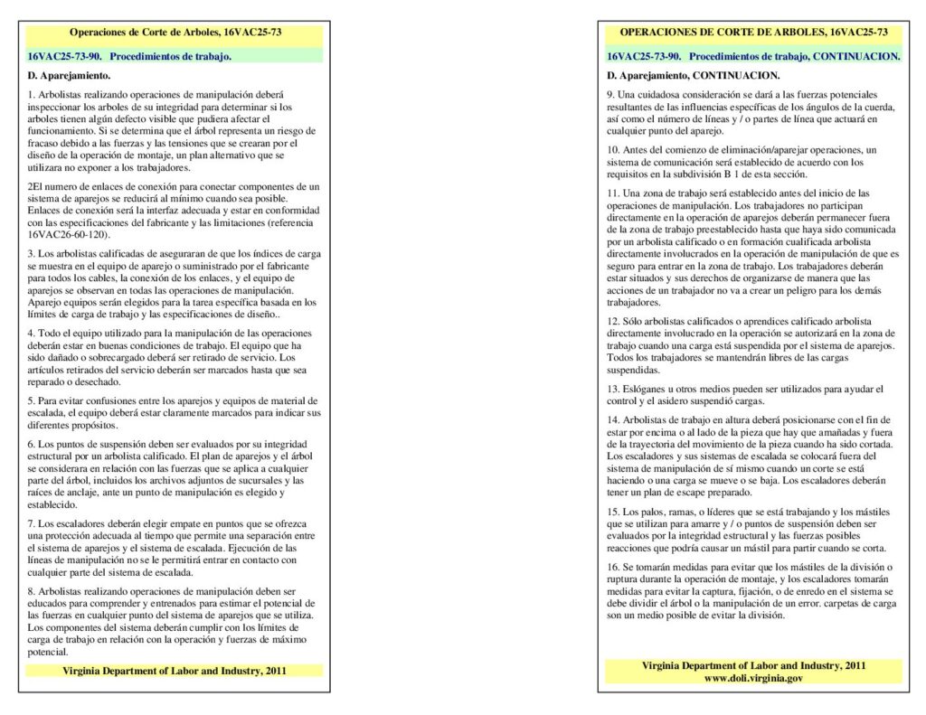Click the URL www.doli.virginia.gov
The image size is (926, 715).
[x=753, y=678]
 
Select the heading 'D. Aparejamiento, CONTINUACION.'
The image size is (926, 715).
[x=693, y=75]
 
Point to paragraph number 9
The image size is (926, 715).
[x=610, y=95]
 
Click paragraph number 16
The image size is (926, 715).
[x=613, y=567]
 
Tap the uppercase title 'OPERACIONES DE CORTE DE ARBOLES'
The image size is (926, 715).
[x=731, y=33]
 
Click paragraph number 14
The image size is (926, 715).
[x=613, y=420]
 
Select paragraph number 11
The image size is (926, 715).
[x=613, y=193]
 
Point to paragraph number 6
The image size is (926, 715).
[x=31, y=445]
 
